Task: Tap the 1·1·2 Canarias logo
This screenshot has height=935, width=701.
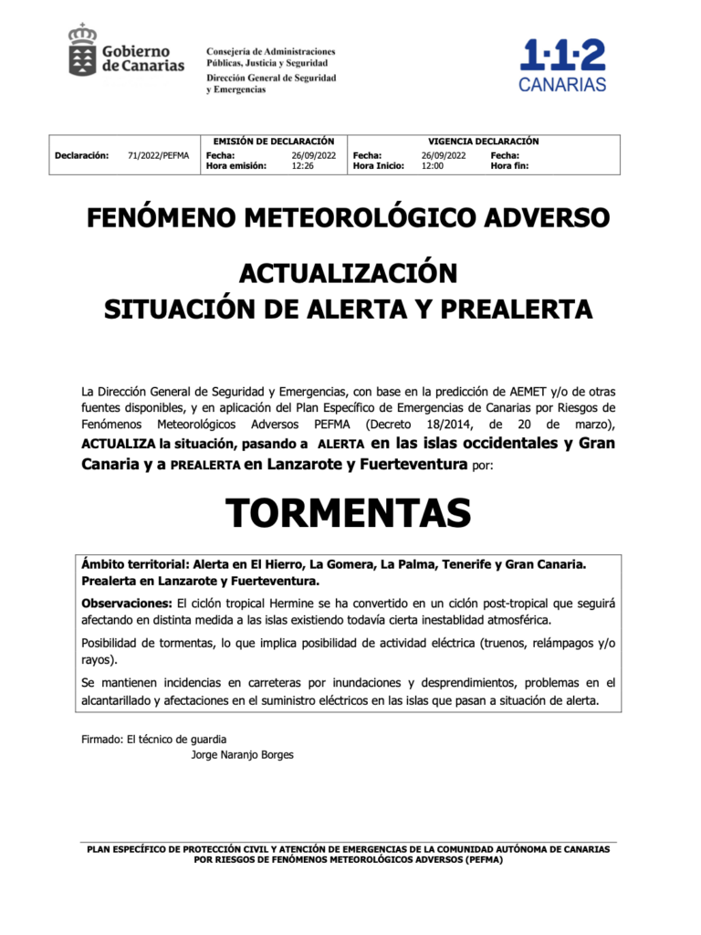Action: pyautogui.click(x=562, y=65)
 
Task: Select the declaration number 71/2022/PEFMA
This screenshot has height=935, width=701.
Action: pyautogui.click(x=159, y=156)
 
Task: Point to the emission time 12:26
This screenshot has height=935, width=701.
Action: pyautogui.click(x=303, y=166)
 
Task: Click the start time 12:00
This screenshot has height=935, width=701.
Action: pyautogui.click(x=433, y=166)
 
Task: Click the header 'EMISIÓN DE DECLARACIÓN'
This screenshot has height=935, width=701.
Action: pyautogui.click(x=274, y=142)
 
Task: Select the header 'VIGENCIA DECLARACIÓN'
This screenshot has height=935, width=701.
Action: pyautogui.click(x=484, y=142)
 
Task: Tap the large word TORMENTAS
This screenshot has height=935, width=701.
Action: pyautogui.click(x=349, y=514)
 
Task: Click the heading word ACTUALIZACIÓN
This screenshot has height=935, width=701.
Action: pyautogui.click(x=347, y=273)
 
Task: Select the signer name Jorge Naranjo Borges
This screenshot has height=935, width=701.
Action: pyautogui.click(x=243, y=755)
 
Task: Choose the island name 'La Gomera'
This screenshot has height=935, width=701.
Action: pyautogui.click(x=340, y=565)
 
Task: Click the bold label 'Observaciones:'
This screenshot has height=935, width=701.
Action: pyautogui.click(x=127, y=604)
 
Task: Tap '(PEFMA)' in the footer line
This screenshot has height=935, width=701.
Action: pyautogui.click(x=482, y=860)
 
